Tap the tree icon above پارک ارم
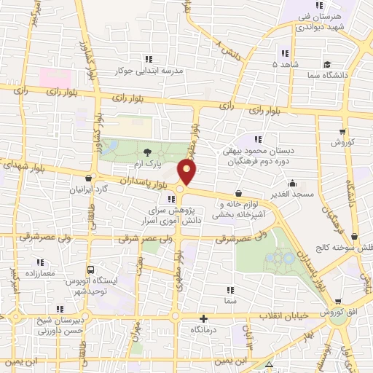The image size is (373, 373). click(148, 152)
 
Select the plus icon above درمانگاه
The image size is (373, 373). click(204, 318)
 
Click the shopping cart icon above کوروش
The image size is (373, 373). click(342, 132)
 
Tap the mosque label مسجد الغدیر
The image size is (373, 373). click(292, 195)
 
